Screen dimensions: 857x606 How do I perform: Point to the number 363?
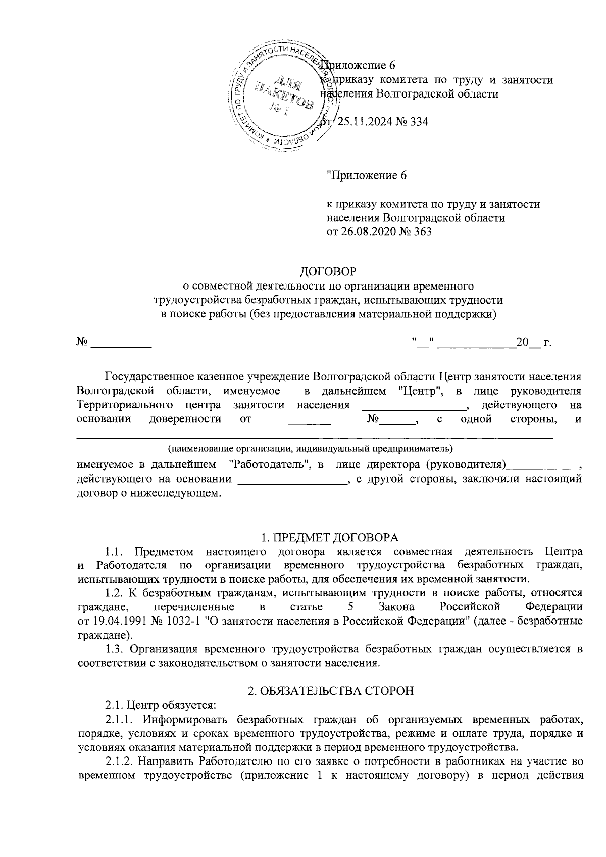[422, 232]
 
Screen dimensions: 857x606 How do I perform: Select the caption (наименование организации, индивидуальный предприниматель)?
[311, 448]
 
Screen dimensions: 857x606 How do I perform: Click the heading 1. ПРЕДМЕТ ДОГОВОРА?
[328, 537]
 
